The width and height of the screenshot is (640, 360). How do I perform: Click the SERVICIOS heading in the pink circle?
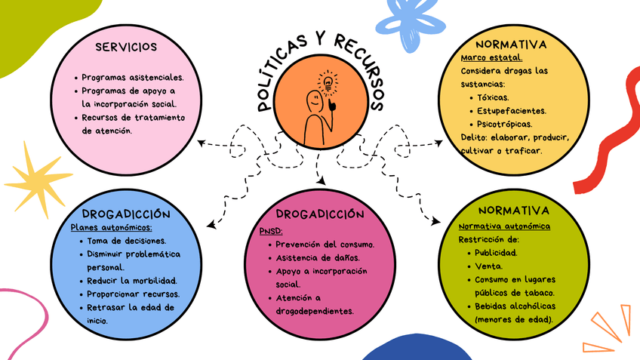(127, 48)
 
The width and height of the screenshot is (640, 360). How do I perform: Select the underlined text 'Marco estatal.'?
(491, 57)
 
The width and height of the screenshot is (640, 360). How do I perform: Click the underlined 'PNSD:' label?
(270, 231)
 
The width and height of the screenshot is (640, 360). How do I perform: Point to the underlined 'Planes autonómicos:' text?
(111, 227)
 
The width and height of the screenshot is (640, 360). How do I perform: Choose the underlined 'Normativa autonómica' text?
(504, 226)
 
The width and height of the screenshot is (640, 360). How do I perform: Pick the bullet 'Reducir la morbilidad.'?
(132, 280)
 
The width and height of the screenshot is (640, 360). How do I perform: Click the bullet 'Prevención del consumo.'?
(325, 245)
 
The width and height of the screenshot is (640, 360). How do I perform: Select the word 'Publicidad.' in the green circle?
(496, 253)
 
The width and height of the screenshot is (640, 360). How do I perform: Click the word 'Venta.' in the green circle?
(487, 266)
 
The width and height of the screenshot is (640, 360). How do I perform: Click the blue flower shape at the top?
(417, 21)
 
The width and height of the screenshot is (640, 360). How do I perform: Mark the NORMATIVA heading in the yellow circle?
(512, 45)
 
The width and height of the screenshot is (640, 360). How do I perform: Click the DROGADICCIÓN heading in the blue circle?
(131, 214)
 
